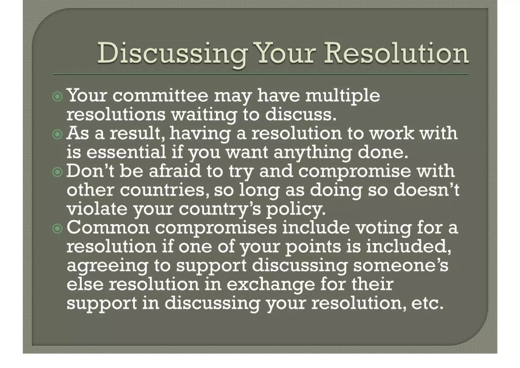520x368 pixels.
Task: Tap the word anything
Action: [x=313, y=153]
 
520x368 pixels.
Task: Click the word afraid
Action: [x=175, y=171]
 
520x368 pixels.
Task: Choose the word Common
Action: [x=108, y=228]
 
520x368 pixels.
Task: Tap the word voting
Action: [x=383, y=228]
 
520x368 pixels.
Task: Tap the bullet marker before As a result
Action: [x=57, y=134]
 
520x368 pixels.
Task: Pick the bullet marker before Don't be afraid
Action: [x=57, y=172]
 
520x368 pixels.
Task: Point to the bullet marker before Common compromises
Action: [x=57, y=228]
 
